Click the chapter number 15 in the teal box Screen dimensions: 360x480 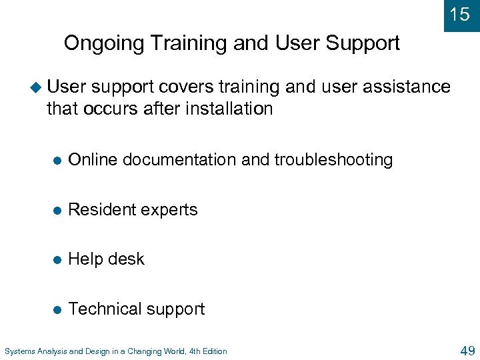pos(460,14)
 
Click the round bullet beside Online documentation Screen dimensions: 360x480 pos(57,160)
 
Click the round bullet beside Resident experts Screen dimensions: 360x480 pos(57,210)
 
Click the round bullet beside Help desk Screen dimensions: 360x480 pos(57,259)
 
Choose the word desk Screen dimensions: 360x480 pos(127,259)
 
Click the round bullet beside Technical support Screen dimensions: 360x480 pos(57,309)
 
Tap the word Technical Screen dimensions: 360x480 pos(103,309)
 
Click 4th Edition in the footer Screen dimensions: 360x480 pos(205,351)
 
